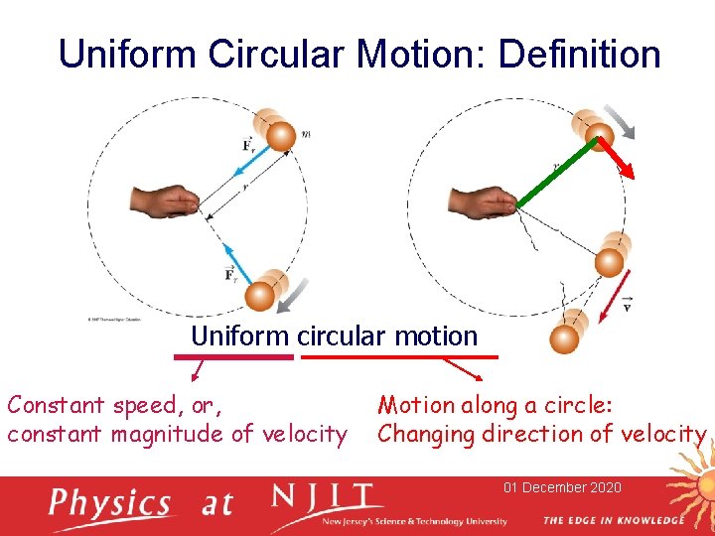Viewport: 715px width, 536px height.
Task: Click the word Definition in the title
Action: pos(579,54)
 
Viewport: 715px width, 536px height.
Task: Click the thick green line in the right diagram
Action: pos(556,173)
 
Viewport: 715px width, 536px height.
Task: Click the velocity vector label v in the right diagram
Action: pos(626,305)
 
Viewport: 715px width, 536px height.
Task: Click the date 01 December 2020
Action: pos(562,487)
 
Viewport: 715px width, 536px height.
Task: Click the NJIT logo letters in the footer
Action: pos(324,497)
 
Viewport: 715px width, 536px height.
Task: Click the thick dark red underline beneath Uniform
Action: pos(242,356)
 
